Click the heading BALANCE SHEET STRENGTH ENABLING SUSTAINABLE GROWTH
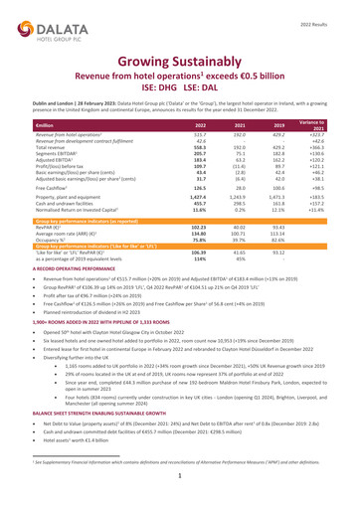click(110, 424)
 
